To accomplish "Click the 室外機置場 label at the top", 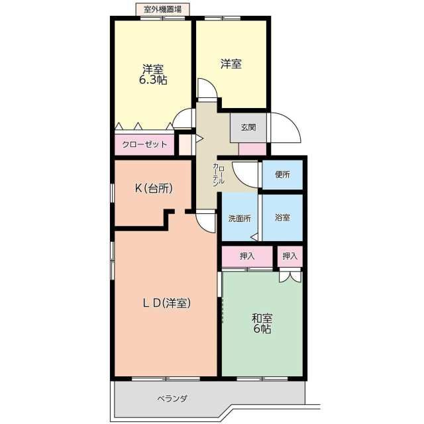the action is click(162, 10).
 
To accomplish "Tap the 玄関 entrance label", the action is click(248, 127).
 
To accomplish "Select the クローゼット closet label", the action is click(144, 144).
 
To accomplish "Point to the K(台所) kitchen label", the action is click(154, 188).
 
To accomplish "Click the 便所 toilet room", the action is click(283, 175).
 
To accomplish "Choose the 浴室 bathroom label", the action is click(283, 217).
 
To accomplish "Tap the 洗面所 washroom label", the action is click(240, 219).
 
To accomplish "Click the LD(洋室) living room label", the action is click(166, 303).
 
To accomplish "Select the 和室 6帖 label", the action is click(262, 323).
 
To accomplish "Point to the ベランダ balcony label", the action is click(172, 399).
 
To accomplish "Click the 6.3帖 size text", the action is click(153, 80).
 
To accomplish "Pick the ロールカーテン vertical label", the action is click(219, 175).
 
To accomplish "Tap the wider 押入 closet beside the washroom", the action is click(247, 256).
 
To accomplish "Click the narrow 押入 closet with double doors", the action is click(290, 256).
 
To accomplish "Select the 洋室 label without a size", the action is click(231, 64).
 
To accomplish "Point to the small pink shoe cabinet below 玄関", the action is click(252, 149).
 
